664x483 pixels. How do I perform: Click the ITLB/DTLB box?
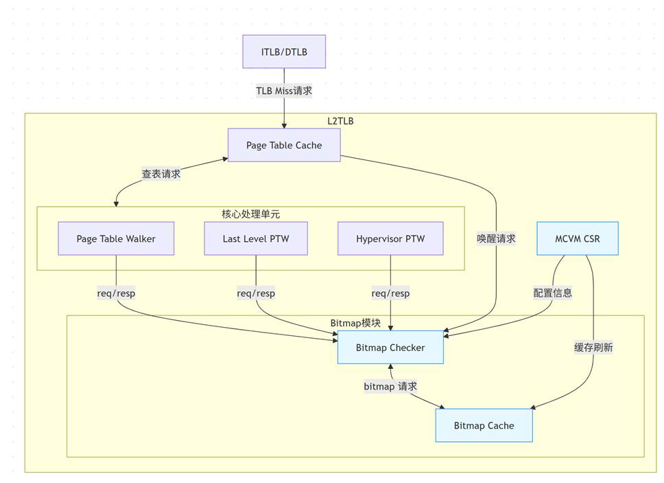[284, 52]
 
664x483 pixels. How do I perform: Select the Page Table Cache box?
[284, 145]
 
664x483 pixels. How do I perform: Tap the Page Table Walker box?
[116, 239]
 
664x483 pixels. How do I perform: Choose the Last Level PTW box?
[256, 239]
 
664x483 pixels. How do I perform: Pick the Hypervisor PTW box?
[390, 239]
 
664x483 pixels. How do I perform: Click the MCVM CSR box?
[577, 238]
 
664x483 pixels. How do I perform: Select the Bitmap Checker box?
[390, 348]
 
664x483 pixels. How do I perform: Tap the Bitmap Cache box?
[484, 426]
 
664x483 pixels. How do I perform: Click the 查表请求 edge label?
[161, 175]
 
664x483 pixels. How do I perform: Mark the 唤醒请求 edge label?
[496, 239]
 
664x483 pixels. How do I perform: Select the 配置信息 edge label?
[553, 293]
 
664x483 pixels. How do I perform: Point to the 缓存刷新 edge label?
[593, 348]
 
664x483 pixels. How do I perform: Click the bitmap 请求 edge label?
[390, 387]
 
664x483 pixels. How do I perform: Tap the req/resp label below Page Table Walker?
[116, 293]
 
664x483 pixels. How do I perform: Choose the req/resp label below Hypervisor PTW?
[390, 293]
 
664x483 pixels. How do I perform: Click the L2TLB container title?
[340, 121]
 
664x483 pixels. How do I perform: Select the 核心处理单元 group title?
[250, 214]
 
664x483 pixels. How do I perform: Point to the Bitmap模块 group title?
[355, 323]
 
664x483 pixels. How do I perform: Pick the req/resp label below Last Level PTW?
[256, 293]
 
